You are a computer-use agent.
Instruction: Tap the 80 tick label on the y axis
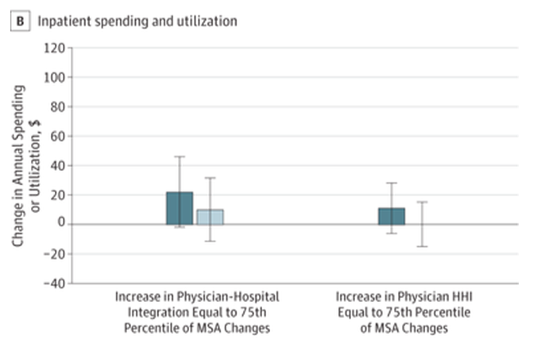point(56,106)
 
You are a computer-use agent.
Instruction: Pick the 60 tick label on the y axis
point(56,136)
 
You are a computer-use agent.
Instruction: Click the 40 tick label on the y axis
point(56,165)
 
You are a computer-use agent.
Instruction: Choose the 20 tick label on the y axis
point(56,195)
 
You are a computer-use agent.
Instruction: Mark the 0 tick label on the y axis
point(60,224)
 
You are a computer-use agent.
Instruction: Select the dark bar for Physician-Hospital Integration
point(180,208)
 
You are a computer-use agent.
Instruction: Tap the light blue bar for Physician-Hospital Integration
point(210,217)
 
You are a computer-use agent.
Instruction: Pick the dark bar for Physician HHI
point(392,216)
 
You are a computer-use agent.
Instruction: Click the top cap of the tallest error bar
point(180,157)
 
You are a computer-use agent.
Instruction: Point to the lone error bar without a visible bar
point(422,224)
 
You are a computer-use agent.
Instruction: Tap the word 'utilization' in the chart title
point(211,21)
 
